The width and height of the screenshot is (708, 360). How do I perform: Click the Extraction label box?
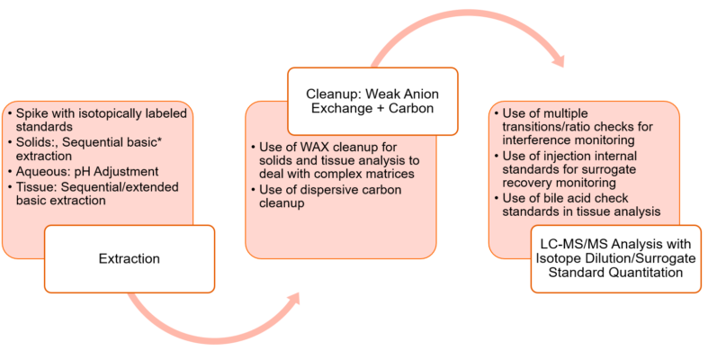[x=129, y=259]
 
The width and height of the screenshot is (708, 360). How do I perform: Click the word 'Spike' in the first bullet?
[x=31, y=115]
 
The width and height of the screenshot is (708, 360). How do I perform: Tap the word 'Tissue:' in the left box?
[x=36, y=186]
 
